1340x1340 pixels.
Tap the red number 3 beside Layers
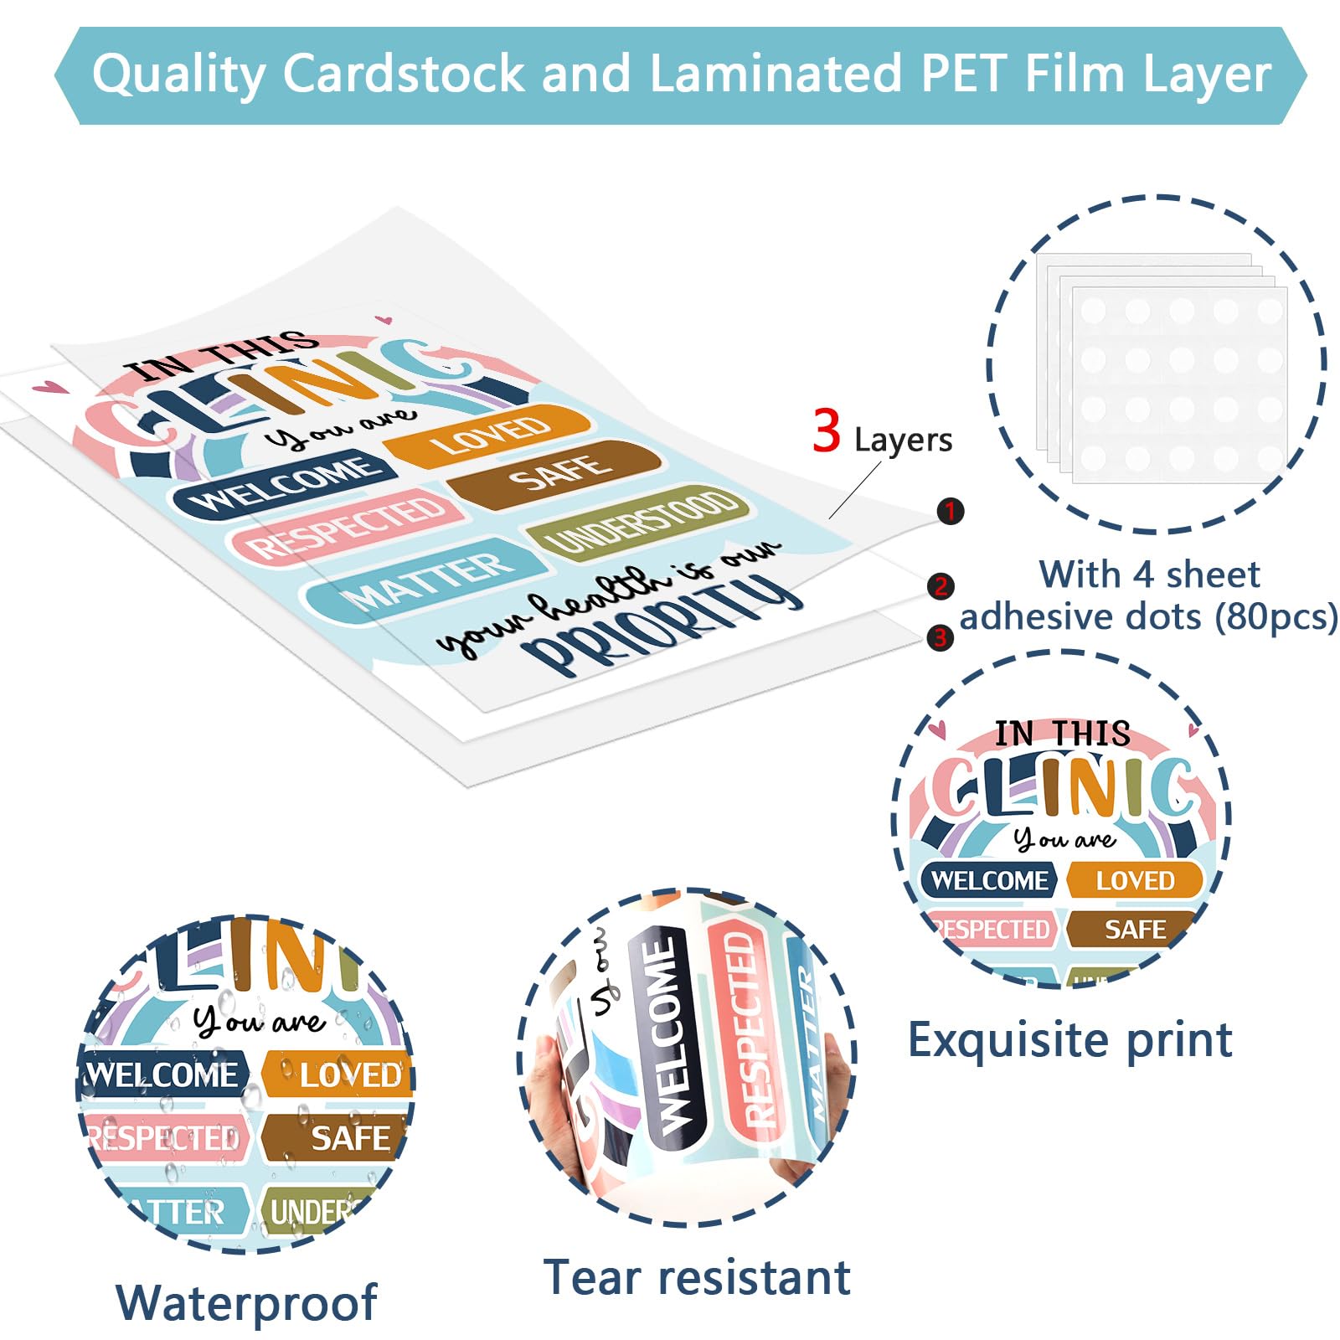click(826, 431)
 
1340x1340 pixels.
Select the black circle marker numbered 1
click(950, 511)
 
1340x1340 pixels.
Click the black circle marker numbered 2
click(941, 586)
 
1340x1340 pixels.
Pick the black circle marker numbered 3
click(940, 638)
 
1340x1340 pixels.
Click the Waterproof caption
click(246, 1303)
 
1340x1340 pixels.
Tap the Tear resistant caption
click(697, 1278)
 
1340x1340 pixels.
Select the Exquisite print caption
click(1069, 1040)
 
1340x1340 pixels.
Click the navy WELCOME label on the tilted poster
click(285, 487)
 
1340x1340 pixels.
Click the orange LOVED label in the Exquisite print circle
click(1135, 880)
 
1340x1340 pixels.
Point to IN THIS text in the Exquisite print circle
click(1062, 734)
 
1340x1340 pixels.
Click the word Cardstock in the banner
click(403, 74)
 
